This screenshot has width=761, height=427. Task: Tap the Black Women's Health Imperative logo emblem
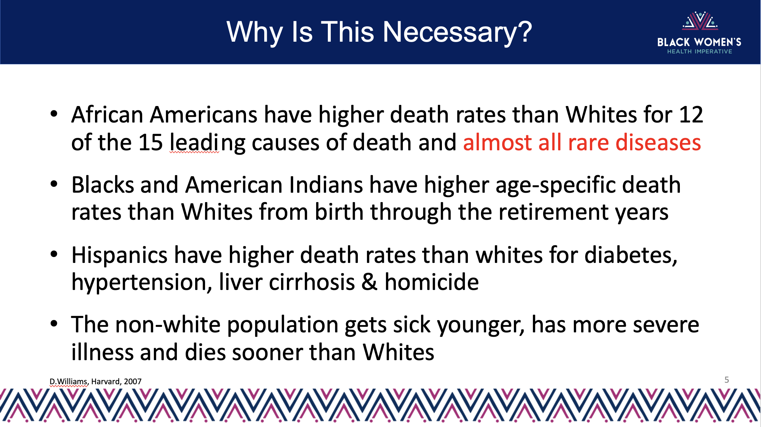[700, 20]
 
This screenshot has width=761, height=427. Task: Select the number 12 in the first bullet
[691, 114]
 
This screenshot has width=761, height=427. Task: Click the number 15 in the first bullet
[150, 142]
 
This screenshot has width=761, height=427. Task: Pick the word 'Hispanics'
[120, 255]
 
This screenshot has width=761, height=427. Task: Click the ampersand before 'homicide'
[370, 282]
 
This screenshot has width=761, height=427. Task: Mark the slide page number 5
[727, 380]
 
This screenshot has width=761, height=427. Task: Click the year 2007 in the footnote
[133, 382]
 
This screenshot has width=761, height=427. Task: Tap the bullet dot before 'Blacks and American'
[54, 184]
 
